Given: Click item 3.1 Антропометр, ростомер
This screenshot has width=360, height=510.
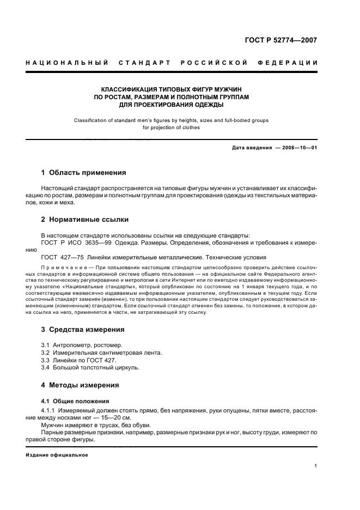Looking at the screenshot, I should click(82, 345).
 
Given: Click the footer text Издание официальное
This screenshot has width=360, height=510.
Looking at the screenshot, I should click(57, 454).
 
